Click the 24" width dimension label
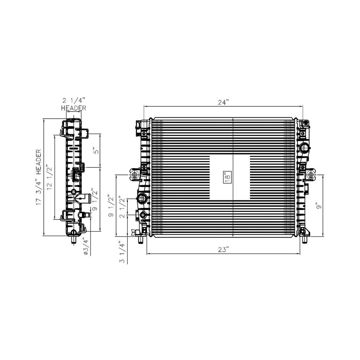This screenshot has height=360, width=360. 223,102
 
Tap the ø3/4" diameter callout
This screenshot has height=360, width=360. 86,246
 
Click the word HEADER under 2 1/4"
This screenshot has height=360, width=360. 73,108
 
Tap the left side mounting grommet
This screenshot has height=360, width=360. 135,175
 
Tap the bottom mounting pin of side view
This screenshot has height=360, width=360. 73,239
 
